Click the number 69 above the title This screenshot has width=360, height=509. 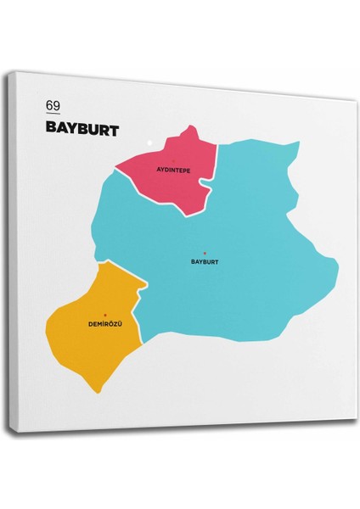[53, 106]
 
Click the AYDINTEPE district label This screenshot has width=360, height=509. [173, 170]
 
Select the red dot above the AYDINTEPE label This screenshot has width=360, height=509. [173, 160]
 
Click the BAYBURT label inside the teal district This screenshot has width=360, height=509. [205, 262]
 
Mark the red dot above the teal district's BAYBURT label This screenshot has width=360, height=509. [205, 253]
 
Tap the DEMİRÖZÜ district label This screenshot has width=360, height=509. [105, 325]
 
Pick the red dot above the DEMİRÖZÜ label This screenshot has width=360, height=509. [105, 316]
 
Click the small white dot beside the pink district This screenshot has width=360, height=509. [149, 142]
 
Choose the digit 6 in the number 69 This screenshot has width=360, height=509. [50, 106]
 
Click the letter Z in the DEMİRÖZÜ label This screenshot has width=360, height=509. [116, 325]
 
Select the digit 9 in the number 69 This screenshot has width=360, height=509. [57, 106]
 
